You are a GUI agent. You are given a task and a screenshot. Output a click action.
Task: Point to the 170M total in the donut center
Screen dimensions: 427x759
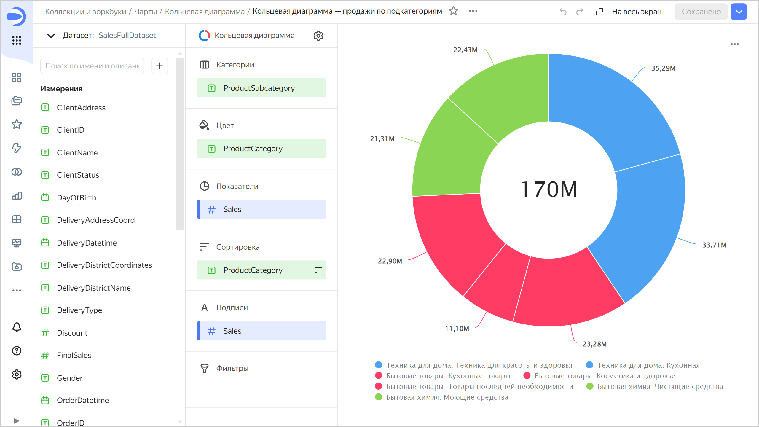coord(549,190)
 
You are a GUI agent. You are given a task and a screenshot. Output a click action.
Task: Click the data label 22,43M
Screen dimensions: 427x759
coord(465,50)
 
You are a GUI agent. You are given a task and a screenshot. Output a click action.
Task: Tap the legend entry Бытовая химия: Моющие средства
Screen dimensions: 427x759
coord(447,397)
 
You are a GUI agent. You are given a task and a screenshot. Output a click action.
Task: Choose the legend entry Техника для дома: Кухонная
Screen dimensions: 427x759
coord(648,365)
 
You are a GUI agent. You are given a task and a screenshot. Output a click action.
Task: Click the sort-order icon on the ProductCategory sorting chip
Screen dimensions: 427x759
coord(318,270)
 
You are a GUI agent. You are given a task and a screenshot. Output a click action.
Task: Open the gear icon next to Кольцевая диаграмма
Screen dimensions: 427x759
coord(318,36)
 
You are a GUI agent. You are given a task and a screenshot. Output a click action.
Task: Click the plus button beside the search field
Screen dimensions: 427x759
coord(160,66)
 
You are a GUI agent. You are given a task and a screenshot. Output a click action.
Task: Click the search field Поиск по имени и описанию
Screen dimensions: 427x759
coord(92,66)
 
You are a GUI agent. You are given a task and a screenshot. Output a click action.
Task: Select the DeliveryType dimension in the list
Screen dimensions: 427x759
coord(79,310)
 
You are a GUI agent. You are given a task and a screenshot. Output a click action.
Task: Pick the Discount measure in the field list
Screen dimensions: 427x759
coord(72,333)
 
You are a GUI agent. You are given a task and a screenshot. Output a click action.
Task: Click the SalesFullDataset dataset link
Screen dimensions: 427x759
coord(127,35)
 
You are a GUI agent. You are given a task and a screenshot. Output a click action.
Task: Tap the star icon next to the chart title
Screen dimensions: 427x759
coord(453,11)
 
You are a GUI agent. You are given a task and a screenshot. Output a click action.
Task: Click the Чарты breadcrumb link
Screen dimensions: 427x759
coord(146,12)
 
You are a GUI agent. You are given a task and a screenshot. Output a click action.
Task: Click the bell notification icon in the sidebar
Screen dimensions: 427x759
coord(17,327)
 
